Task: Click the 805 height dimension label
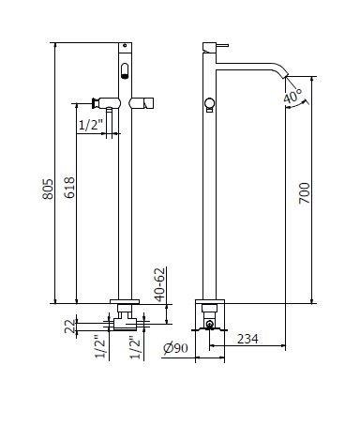[48, 189]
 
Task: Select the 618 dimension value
[69, 188]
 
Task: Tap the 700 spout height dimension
[305, 193]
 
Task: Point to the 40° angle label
[292, 96]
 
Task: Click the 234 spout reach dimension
[247, 339]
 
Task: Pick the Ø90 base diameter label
[176, 348]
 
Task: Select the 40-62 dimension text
[160, 284]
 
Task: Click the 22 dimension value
[70, 327]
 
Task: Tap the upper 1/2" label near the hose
[90, 125]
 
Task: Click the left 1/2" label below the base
[100, 347]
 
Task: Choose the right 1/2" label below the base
[135, 347]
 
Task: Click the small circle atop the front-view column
[125, 45]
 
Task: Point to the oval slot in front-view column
[125, 71]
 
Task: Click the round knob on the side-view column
[209, 103]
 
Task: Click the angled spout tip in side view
[284, 76]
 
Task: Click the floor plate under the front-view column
[125, 301]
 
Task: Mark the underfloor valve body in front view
[125, 324]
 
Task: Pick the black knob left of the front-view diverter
[93, 103]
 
